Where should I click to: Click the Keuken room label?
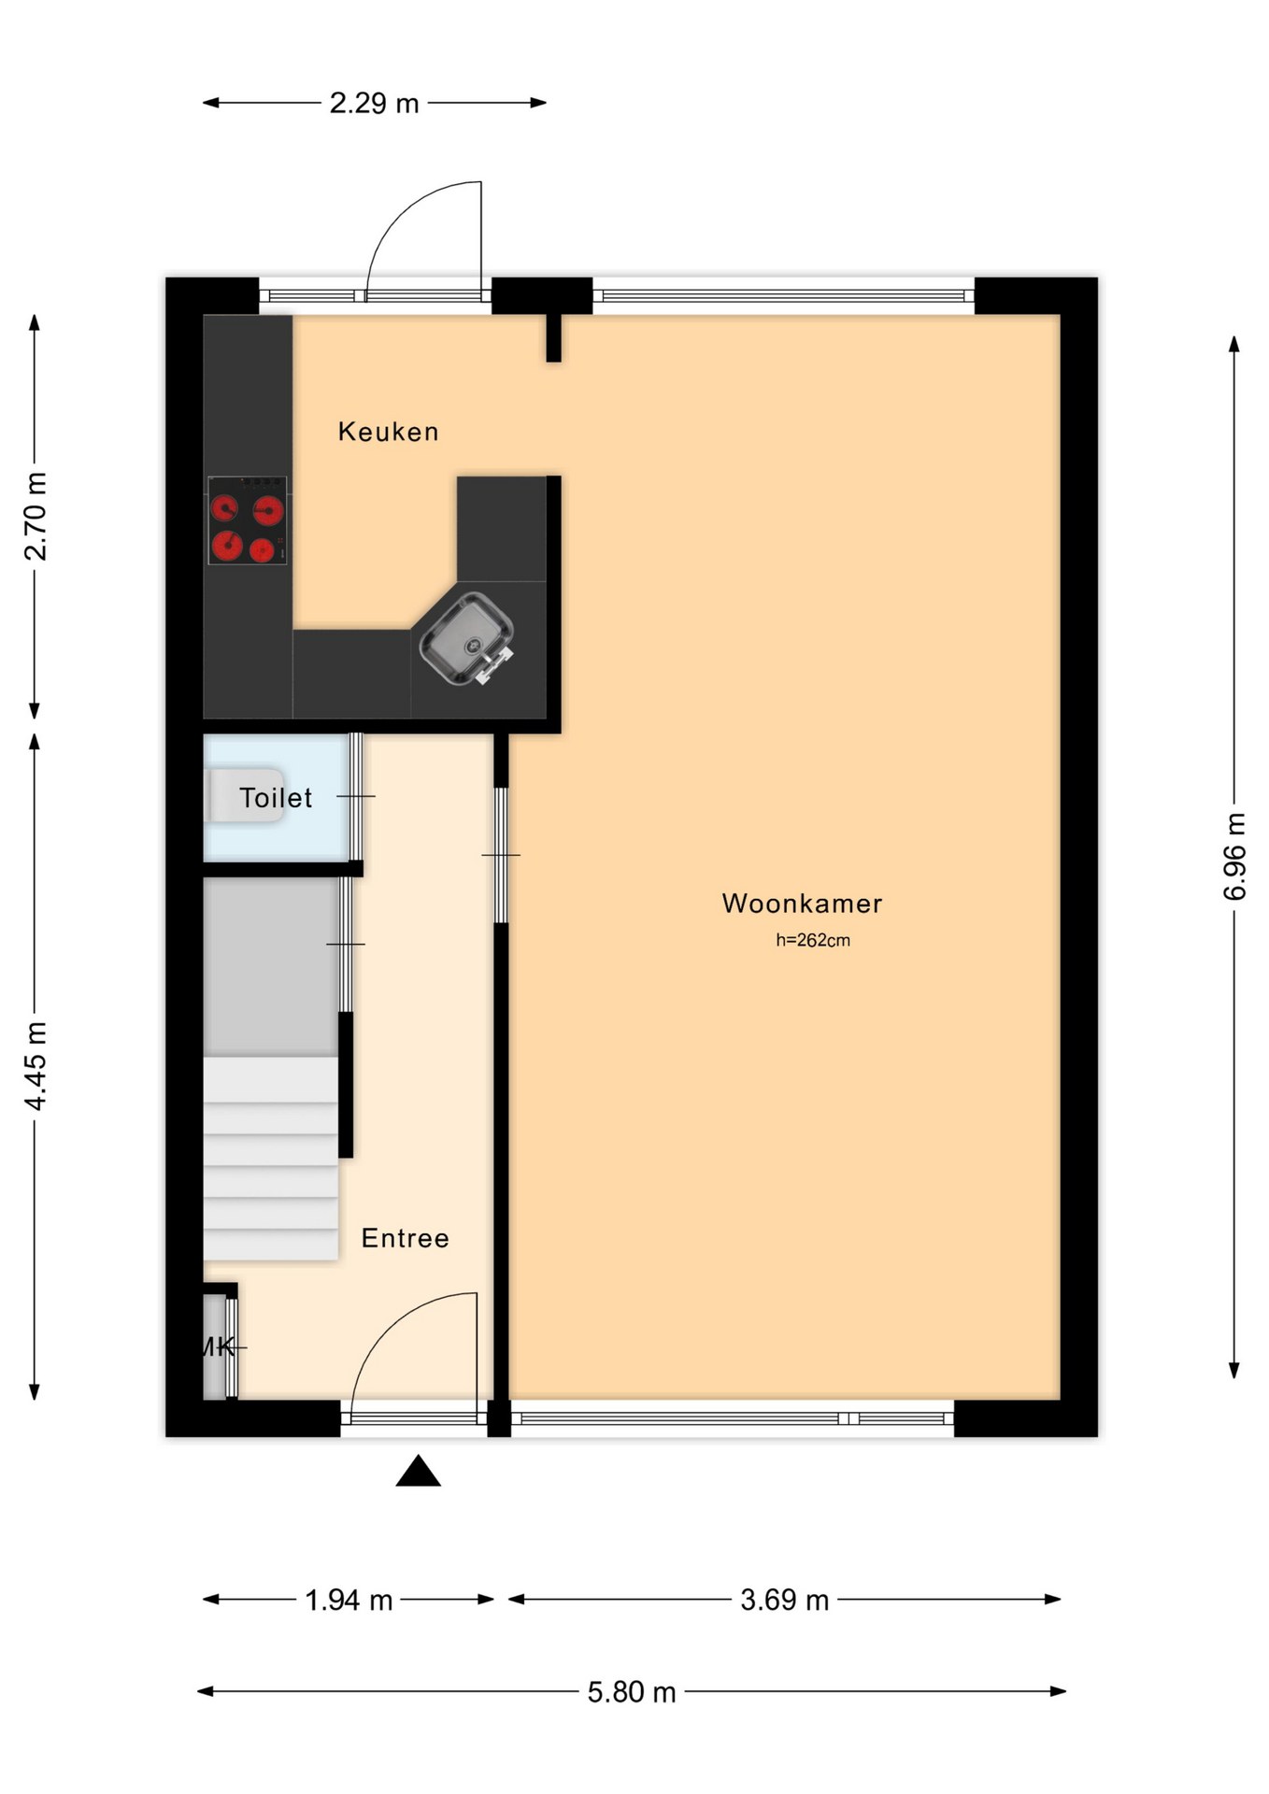coord(388,432)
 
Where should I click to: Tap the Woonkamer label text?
coord(802,904)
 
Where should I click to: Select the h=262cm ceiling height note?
coord(813,940)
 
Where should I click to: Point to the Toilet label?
coord(276,798)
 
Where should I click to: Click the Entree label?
coord(406,1238)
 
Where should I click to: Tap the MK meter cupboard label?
coord(218,1346)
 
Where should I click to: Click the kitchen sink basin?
coord(466,639)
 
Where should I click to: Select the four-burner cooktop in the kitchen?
coord(248,520)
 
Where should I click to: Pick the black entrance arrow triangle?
coord(418,1471)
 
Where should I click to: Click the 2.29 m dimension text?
coord(374,103)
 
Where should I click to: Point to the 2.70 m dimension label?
coord(36,517)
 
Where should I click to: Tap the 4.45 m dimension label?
coord(36,1066)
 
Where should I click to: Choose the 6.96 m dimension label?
coord(1234,857)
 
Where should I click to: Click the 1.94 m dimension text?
coord(349,1601)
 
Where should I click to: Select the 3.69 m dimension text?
coord(785,1601)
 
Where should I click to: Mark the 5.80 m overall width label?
coord(632,1692)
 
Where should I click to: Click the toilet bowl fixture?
coord(245,795)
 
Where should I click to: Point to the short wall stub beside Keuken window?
coord(553,337)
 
